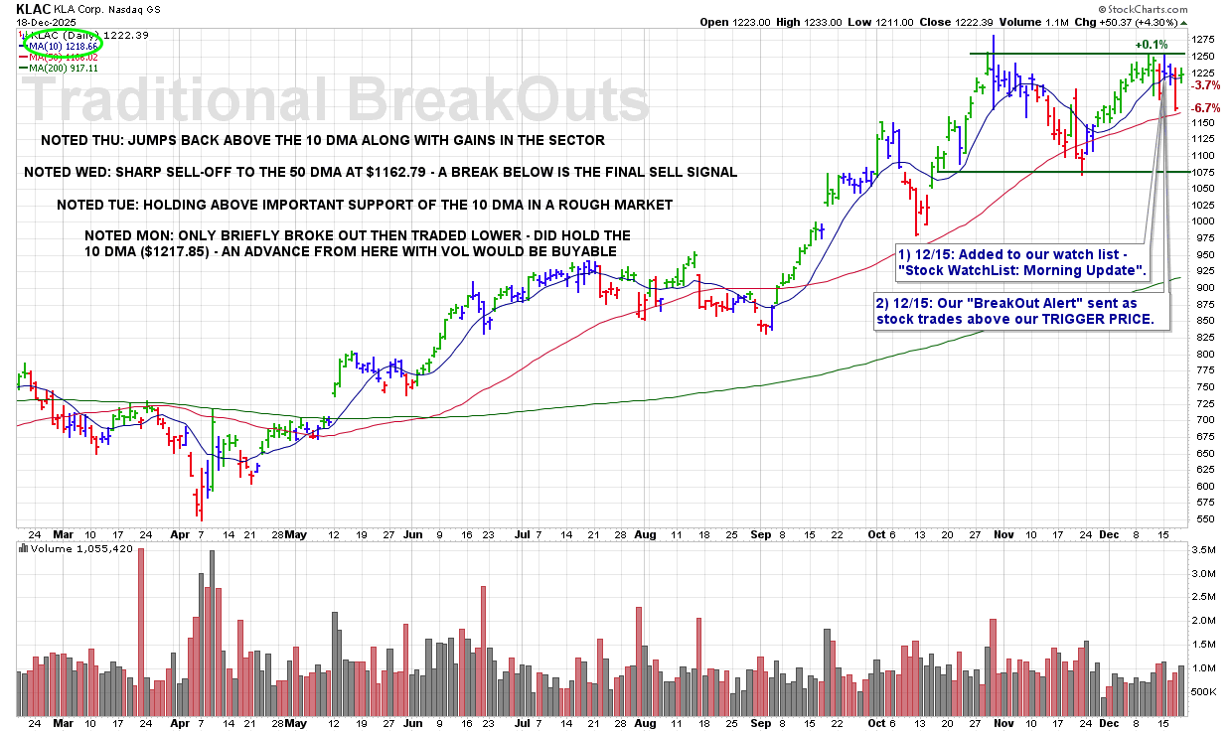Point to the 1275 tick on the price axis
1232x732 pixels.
click(x=1202, y=40)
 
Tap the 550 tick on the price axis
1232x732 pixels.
click(x=1199, y=518)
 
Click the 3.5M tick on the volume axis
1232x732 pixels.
click(x=1201, y=549)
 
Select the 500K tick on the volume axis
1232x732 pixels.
click(x=1202, y=691)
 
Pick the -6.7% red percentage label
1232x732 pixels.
click(x=1205, y=107)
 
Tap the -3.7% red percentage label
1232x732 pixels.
click(x=1205, y=85)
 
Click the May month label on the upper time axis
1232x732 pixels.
click(x=295, y=533)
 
